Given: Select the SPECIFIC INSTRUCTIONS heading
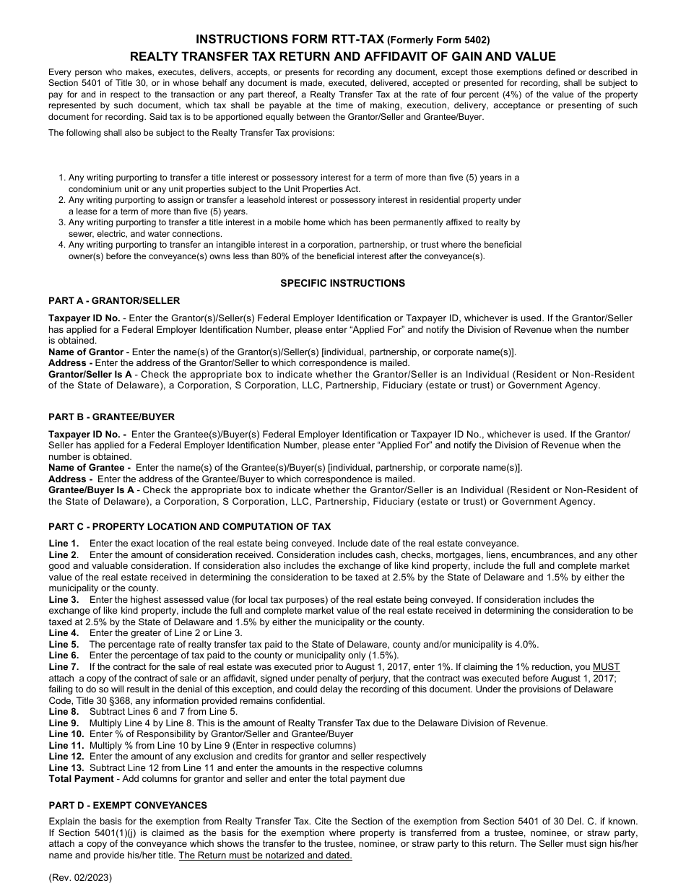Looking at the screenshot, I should [342, 283].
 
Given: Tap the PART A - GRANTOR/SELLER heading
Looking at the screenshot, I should [114, 300].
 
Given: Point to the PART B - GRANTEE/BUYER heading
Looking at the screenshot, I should [111, 417].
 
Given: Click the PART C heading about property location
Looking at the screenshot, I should [189, 526].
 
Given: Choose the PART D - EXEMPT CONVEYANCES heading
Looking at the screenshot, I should [128, 805].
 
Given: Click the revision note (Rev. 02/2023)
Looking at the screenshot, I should [80, 877].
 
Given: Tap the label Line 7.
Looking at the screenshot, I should [64, 667].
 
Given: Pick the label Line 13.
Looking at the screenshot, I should [66, 767].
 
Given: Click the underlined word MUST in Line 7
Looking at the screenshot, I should [606, 667].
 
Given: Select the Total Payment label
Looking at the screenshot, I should [81, 779].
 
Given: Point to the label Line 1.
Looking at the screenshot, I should [64, 543].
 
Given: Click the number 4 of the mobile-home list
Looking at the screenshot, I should [62, 245].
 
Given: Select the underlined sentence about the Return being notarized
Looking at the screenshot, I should [265, 856].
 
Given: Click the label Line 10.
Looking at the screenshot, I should [66, 734].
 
